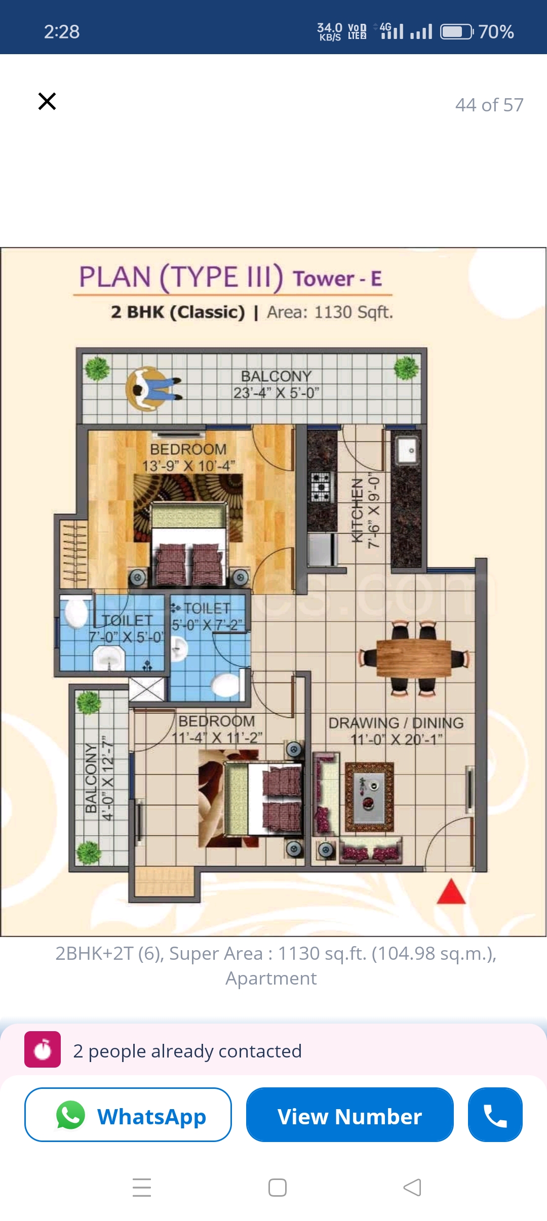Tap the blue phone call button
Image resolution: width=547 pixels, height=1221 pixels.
(495, 1115)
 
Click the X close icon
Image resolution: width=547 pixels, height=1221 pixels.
(47, 101)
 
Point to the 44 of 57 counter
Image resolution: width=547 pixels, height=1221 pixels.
(489, 105)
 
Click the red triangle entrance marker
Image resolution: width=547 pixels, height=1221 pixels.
(451, 893)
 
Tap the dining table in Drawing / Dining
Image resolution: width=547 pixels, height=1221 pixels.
(413, 658)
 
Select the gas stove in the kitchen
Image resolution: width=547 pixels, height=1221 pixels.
(321, 486)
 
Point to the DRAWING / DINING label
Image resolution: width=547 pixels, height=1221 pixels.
(396, 723)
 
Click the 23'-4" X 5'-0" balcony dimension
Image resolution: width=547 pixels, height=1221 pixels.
(277, 393)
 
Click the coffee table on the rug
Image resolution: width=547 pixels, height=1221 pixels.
(369, 796)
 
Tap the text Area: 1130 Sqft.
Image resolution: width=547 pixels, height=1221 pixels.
(330, 312)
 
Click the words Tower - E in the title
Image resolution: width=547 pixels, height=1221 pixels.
(337, 279)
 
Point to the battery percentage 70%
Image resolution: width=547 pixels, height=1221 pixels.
(496, 32)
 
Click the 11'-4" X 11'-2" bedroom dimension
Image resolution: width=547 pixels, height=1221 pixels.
(217, 738)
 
